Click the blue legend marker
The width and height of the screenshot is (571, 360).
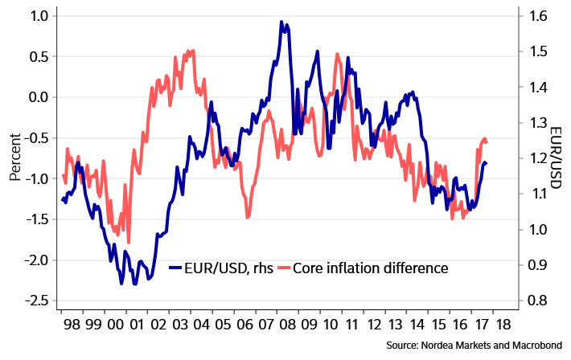pyautogui.click(x=175, y=267)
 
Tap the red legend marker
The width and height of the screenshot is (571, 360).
pyautogui.click(x=283, y=267)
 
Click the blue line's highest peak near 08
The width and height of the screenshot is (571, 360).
pyautogui.click(x=282, y=22)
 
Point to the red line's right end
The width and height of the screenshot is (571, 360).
pyautogui.click(x=487, y=143)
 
